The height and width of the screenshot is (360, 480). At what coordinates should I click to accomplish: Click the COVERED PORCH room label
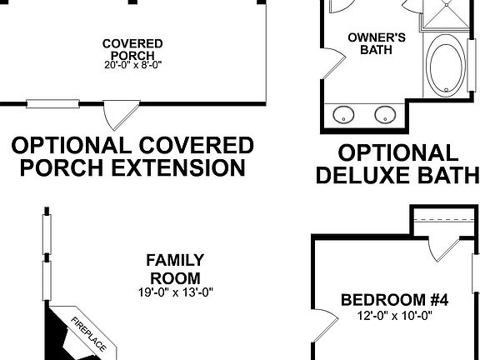pyautogui.click(x=132, y=49)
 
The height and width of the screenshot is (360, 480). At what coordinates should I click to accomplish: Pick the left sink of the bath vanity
pyautogui.click(x=343, y=114)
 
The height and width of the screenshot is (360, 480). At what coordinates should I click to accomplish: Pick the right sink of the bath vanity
pyautogui.click(x=384, y=114)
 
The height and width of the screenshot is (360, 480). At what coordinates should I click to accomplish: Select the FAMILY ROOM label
pyautogui.click(x=175, y=268)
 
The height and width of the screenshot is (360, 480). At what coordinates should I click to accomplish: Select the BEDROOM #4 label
pyautogui.click(x=395, y=300)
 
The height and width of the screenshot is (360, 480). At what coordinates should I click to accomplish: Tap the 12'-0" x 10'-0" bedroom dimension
pyautogui.click(x=396, y=316)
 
